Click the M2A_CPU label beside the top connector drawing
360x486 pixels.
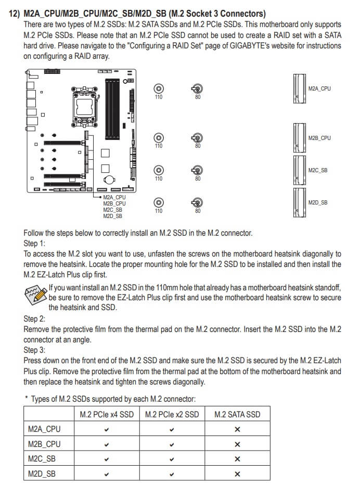click(x=319, y=89)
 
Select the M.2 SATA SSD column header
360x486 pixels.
click(x=237, y=414)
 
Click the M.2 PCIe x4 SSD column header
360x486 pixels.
click(x=107, y=414)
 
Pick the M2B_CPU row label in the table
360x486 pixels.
click(x=44, y=444)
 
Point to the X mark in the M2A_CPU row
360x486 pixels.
click(x=237, y=429)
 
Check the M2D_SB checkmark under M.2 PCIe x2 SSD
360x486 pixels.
click(x=172, y=474)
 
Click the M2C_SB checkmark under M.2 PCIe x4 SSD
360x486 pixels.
click(x=107, y=459)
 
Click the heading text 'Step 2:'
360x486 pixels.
click(x=35, y=318)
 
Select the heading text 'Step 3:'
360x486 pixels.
click(x=35, y=350)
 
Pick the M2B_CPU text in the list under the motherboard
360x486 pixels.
click(x=114, y=203)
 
